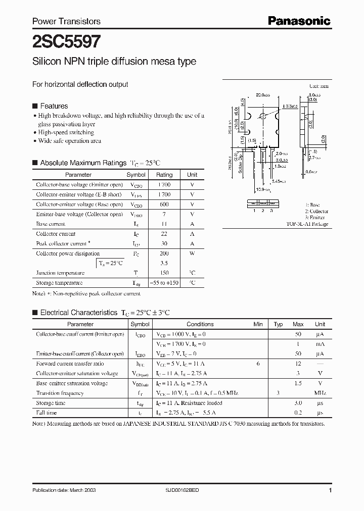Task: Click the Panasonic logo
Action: tap(299, 21)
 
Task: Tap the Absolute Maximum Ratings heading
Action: tap(83, 163)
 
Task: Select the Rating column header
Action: tap(164, 175)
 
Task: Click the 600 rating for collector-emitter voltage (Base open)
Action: tap(164, 205)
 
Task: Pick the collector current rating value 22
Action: tap(164, 234)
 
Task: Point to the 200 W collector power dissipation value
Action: tap(164, 253)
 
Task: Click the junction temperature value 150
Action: tap(164, 273)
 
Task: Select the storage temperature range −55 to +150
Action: tap(164, 283)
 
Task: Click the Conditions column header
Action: tap(200, 324)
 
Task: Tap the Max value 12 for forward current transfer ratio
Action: tap(298, 364)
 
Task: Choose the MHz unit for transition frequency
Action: tap(320, 393)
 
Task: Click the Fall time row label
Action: tap(47, 413)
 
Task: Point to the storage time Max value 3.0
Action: tap(298, 403)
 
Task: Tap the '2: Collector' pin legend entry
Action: tap(316, 211)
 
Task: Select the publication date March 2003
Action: tap(64, 490)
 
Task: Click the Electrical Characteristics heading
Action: tap(78, 313)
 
